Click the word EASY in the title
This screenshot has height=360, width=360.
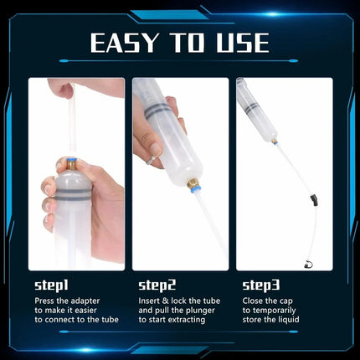[x=126, y=43]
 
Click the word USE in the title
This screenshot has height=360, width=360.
[x=237, y=43]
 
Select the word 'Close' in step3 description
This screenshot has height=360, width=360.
[x=253, y=300]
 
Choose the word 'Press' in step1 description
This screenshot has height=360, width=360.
[x=44, y=300]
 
